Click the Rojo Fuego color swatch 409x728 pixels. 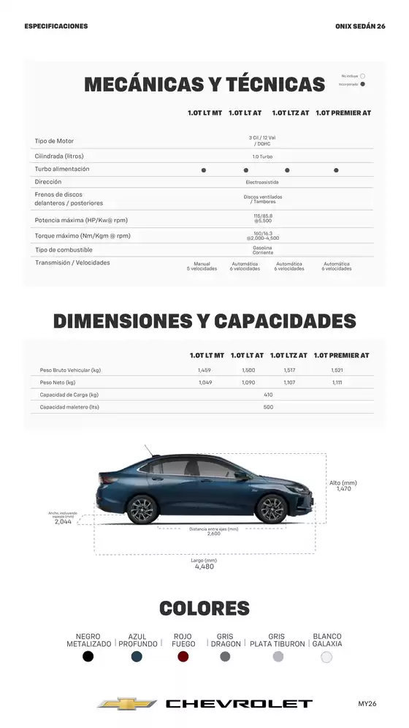click(x=183, y=656)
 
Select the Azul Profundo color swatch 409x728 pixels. click(x=137, y=656)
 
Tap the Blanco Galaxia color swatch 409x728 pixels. click(x=326, y=656)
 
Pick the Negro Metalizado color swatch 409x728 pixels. click(x=88, y=656)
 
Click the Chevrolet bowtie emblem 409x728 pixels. click(x=127, y=704)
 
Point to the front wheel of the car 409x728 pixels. click(x=272, y=509)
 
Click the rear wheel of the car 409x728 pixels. click(x=142, y=509)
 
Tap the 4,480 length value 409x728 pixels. click(x=204, y=566)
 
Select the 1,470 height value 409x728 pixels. click(x=343, y=488)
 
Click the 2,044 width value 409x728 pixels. click(x=64, y=522)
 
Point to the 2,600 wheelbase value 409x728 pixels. click(x=213, y=534)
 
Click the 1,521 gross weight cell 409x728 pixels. click(x=337, y=371)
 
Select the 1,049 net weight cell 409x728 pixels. click(x=204, y=382)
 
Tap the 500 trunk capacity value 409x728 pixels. click(x=268, y=407)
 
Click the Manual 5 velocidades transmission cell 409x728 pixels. click(x=202, y=266)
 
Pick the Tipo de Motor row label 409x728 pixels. click(x=54, y=141)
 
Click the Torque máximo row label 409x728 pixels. click(x=83, y=236)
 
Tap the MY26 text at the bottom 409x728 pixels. click(x=367, y=704)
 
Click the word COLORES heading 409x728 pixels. click(x=204, y=608)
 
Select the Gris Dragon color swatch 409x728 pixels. click(x=225, y=656)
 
